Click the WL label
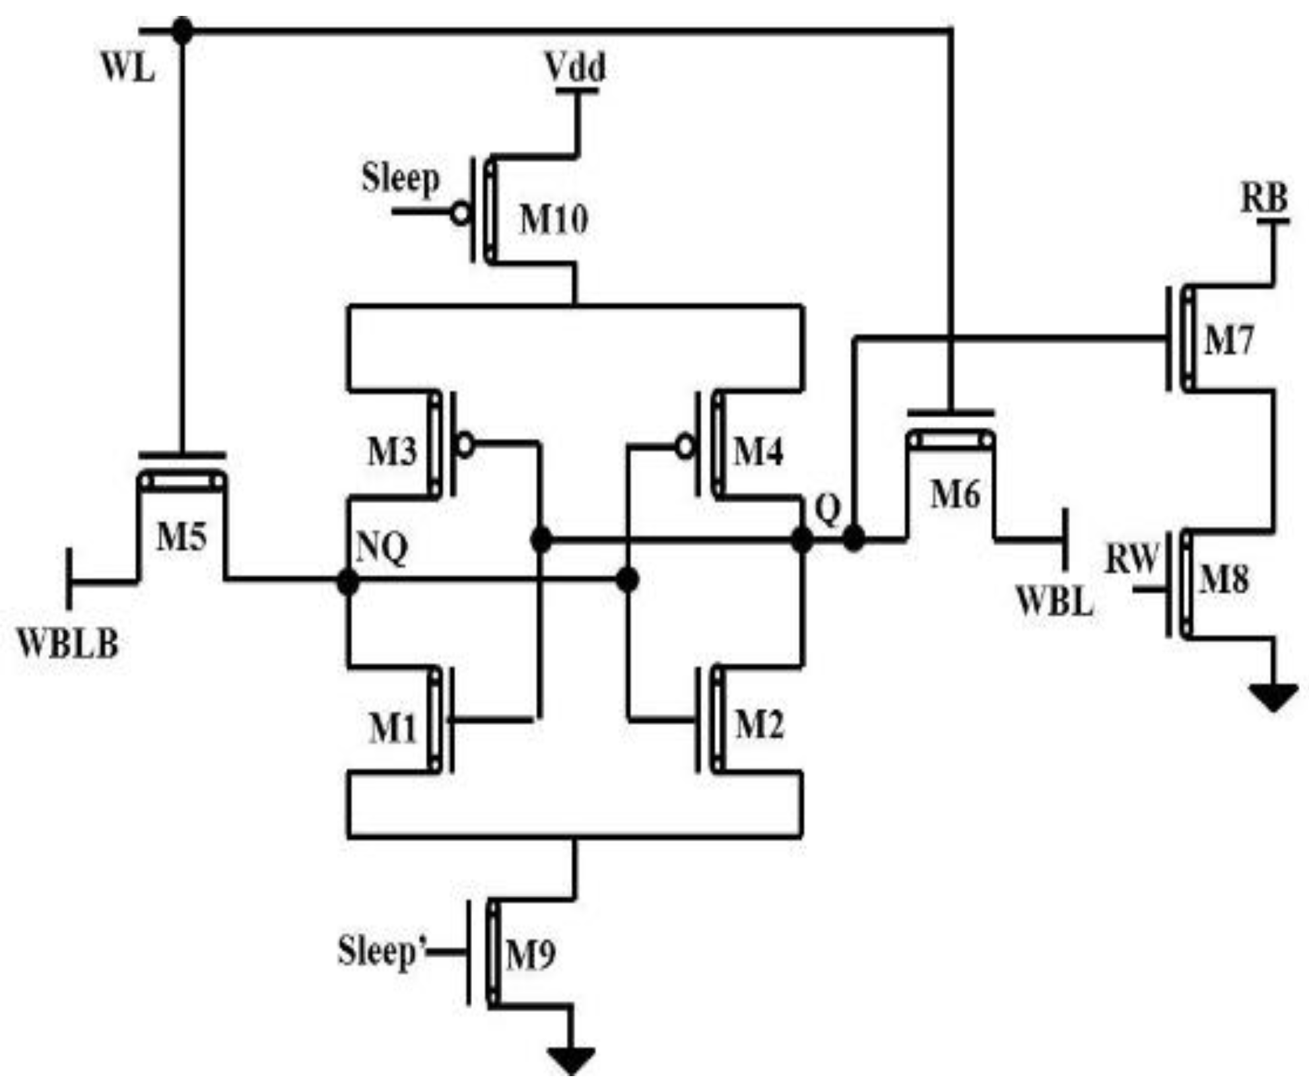128,68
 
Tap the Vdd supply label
576,68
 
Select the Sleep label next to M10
400,178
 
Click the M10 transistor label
553,220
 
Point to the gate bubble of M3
465,445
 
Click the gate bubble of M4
686,448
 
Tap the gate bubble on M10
461,213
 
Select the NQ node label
382,548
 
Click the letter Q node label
828,509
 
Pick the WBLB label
68,644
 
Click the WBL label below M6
1054,601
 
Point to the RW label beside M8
1131,559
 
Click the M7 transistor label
1228,341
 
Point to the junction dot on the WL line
182,30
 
